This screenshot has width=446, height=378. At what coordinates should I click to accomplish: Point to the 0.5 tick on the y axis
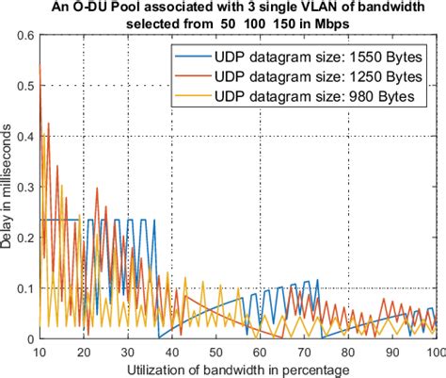(x=23, y=86)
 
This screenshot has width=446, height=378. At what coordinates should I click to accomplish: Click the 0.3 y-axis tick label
(x=23, y=187)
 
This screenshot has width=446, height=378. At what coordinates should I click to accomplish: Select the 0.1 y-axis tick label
(x=23, y=288)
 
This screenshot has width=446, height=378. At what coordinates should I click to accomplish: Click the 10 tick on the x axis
(x=39, y=352)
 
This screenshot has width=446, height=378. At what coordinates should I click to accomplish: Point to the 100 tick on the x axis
(x=434, y=352)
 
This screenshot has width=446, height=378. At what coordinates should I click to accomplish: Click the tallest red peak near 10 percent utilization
(x=40, y=66)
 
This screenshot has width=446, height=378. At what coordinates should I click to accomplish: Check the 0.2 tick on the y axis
(x=23, y=237)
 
